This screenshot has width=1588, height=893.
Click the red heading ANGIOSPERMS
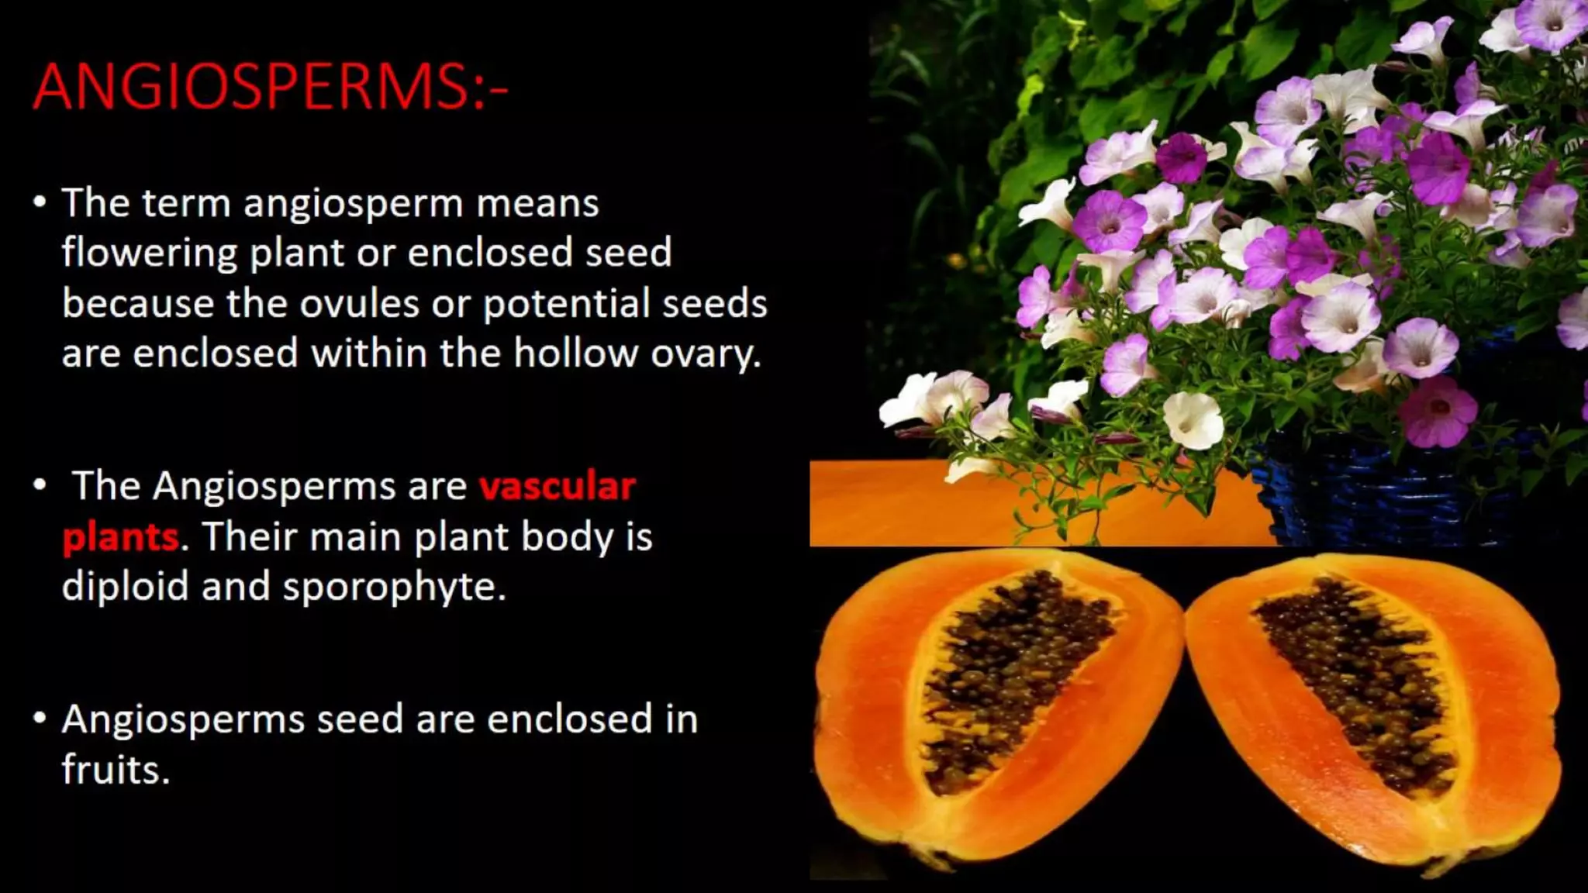coord(270,86)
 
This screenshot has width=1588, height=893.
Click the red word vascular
coord(557,487)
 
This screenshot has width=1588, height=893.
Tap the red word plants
coord(120,537)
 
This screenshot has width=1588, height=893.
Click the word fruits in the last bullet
coord(115,770)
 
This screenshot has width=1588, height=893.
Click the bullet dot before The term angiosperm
coord(40,203)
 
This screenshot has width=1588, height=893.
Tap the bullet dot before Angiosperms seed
coord(40,719)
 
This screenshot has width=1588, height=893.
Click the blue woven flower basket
coord(1380,496)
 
